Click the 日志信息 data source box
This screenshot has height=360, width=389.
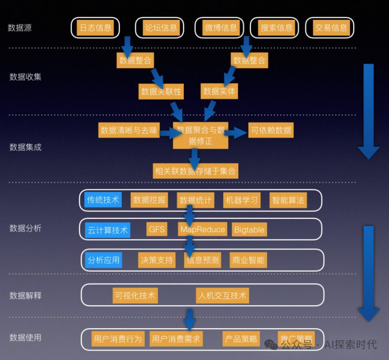tap(95, 28)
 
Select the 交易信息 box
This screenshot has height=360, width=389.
tap(330, 28)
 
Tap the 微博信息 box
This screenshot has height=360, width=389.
tap(221, 28)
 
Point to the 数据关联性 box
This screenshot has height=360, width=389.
tap(161, 92)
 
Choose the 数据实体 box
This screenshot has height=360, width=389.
tap(219, 91)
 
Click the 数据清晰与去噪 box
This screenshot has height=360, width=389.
tap(129, 130)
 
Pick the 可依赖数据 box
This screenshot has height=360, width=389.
tap(271, 130)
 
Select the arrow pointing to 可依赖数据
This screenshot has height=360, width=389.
tap(236, 133)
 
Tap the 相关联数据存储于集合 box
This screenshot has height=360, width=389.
tap(195, 171)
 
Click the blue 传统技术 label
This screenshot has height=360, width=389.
tap(103, 200)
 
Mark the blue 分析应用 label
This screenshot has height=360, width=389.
tap(103, 260)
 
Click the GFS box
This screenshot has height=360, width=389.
tap(157, 229)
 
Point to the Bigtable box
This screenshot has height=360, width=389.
tap(249, 230)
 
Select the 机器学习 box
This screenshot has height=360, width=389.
tap(242, 200)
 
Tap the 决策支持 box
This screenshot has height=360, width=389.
tap(157, 260)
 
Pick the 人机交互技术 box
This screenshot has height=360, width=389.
tap(222, 296)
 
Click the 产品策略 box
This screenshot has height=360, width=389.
tap(241, 339)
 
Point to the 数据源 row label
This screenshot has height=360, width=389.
tap(20, 28)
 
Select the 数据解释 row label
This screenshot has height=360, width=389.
tap(25, 295)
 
